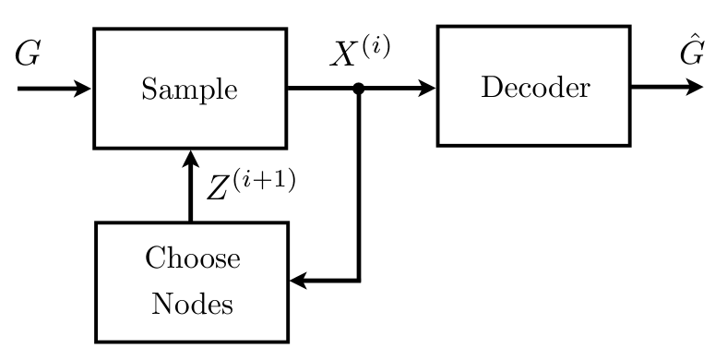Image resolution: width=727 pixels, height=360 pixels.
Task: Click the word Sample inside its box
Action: (189, 90)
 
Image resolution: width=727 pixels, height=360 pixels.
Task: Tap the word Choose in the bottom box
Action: (193, 258)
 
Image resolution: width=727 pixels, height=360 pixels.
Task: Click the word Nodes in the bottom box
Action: (192, 303)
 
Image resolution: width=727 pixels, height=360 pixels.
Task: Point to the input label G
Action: (28, 55)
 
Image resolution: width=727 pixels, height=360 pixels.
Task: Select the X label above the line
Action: (344, 56)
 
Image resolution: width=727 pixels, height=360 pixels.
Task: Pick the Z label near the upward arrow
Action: (219, 190)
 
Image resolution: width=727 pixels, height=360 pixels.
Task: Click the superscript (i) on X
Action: (375, 46)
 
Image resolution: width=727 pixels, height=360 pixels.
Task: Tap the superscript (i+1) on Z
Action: (264, 179)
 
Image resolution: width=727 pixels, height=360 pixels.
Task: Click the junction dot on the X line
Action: (359, 90)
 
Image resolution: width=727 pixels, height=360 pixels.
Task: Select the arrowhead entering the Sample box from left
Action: (84, 90)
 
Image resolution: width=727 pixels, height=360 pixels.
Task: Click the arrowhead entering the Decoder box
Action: (427, 89)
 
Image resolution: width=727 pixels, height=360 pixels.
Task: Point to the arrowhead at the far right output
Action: (695, 89)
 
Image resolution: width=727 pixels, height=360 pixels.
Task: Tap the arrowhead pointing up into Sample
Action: (190, 158)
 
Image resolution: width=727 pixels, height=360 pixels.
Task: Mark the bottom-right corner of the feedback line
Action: (359, 281)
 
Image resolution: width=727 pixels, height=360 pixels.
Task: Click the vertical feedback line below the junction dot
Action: (359, 185)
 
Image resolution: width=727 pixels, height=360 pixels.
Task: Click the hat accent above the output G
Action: (692, 42)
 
